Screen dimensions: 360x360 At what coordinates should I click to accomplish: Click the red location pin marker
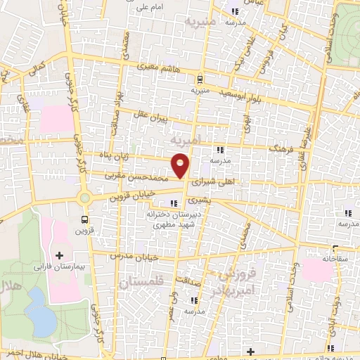pos(181,166)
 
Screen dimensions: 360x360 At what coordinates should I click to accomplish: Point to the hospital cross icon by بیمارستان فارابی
pos(59,255)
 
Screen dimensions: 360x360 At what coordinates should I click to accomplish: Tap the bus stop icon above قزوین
pos(85,218)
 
